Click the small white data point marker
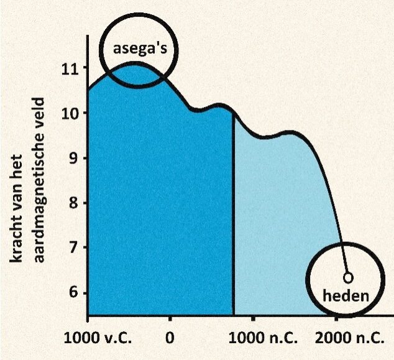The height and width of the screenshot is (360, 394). [349, 276]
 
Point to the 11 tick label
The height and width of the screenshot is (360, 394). [69, 68]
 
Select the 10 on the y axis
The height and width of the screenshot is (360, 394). [69, 113]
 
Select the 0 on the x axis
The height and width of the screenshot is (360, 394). [170, 340]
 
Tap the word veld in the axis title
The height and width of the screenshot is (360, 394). [36, 109]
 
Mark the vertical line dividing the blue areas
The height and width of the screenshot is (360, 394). [234, 218]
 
